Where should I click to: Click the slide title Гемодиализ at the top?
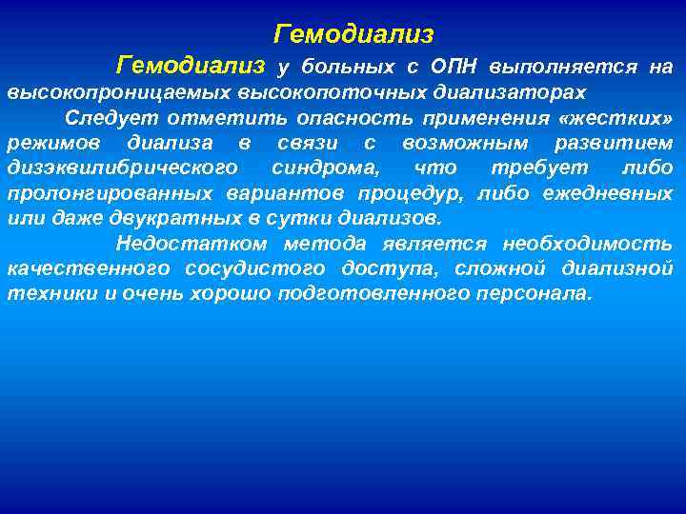point(353,35)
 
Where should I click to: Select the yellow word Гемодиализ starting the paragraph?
point(191,66)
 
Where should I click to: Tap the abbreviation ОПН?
point(454,68)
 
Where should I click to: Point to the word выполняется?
point(563,68)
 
